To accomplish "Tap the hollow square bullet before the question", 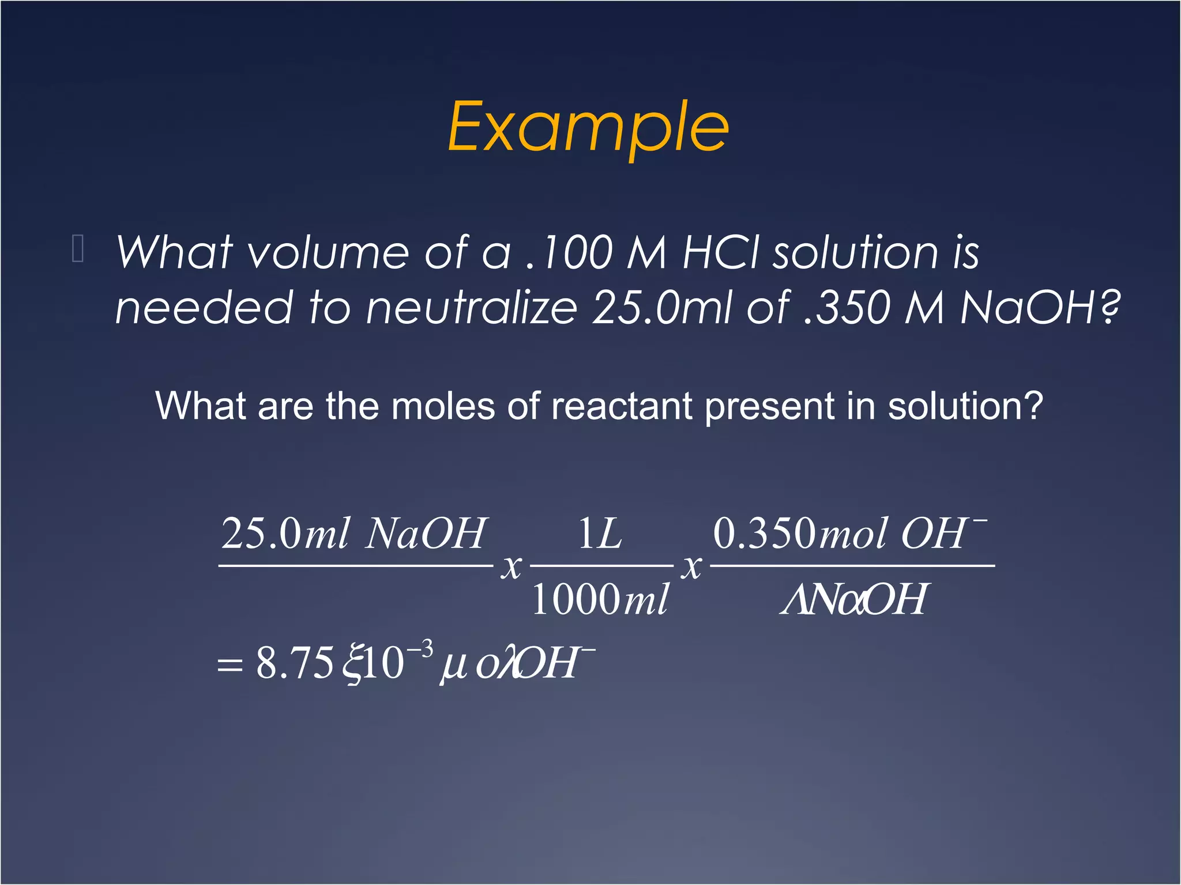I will click(x=78, y=249).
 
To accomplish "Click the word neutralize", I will click(x=471, y=307).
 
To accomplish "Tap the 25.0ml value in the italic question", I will click(x=663, y=307).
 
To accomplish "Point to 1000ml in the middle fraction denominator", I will click(x=600, y=599).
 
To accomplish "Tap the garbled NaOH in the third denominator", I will click(x=853, y=599).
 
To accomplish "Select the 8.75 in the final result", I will click(x=295, y=663).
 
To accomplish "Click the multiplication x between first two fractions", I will click(x=511, y=567).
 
